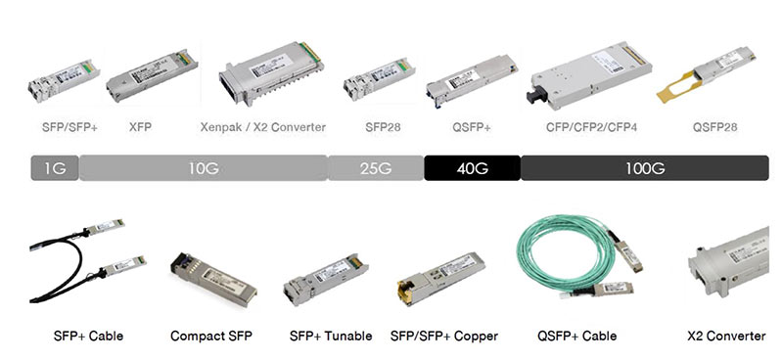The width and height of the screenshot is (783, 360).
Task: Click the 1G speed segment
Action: (55, 168)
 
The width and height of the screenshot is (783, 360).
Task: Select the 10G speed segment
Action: (203, 168)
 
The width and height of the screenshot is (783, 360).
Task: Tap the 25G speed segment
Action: (376, 168)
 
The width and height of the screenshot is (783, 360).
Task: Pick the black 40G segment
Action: (472, 168)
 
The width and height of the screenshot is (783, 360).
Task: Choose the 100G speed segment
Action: (645, 168)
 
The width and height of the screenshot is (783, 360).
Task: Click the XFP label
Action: (140, 127)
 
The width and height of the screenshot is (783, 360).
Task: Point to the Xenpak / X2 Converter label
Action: (262, 127)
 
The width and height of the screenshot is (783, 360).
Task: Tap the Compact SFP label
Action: (211, 337)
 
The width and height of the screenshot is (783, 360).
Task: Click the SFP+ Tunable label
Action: (331, 337)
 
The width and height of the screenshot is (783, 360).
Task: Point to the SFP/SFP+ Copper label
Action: (444, 337)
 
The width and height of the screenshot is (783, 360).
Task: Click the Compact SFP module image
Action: (211, 279)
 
